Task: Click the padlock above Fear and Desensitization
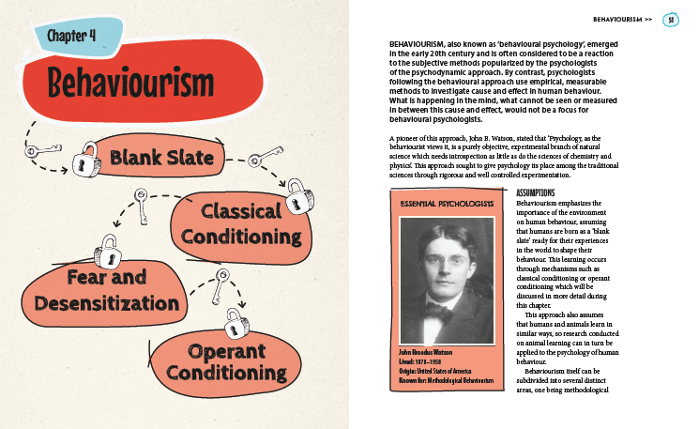108,253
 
